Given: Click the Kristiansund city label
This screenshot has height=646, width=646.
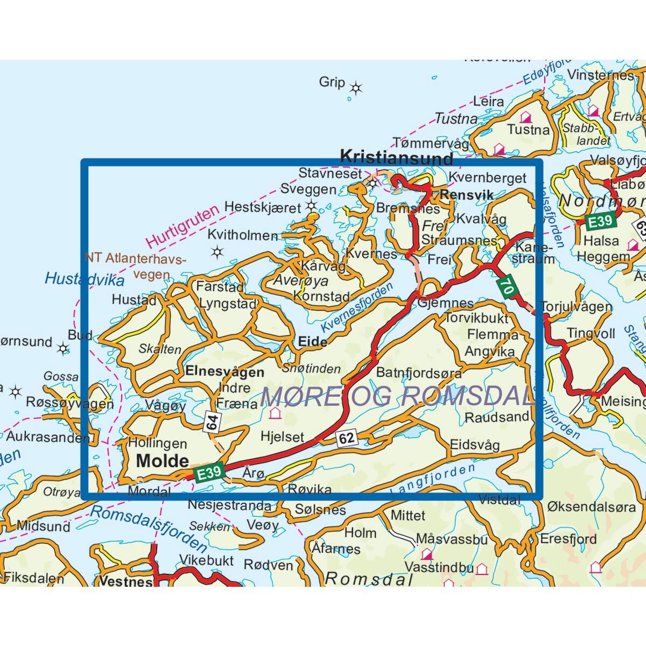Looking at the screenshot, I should tap(396, 158).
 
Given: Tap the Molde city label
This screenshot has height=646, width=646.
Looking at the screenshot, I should tap(162, 460).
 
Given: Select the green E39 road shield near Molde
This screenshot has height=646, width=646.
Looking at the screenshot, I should tap(208, 473).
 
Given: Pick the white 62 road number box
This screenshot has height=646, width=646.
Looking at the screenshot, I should tap(347, 438).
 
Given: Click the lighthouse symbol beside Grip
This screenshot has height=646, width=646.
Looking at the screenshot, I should tap(355, 88).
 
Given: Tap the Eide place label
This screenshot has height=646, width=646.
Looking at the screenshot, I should tap(312, 342).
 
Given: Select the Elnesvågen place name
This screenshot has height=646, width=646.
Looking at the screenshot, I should tap(224, 371).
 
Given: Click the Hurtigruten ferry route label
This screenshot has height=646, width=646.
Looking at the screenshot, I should tap(183, 225).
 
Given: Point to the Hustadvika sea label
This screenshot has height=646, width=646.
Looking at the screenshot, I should tap(85, 279).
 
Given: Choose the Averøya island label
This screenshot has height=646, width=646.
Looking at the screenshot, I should tap(300, 280).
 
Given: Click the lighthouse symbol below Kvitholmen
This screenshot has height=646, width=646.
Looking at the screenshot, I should tap(217, 251).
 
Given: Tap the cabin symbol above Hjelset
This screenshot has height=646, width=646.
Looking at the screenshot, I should tap(275, 413).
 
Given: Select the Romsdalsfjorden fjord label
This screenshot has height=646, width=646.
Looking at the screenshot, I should tap(148, 528).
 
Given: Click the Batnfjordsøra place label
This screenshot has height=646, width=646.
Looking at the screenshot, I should tap(419, 373).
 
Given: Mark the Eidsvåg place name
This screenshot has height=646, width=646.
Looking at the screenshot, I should tap(474, 445).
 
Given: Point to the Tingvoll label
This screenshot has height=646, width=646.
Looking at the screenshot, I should tap(591, 334).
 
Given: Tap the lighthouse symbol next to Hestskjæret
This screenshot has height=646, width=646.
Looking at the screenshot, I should tap(311, 205).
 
